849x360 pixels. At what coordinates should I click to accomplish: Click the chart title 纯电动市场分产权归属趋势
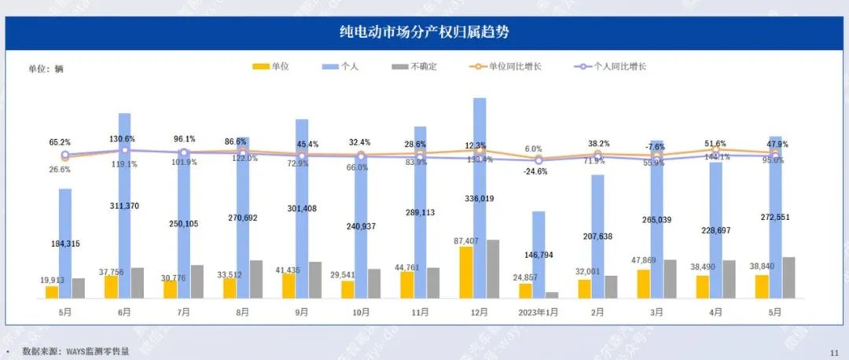[424, 32]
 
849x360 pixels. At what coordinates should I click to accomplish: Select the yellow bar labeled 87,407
[466, 272]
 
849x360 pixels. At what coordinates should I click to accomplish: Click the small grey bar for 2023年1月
[552, 295]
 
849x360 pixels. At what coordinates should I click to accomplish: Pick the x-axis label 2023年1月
[538, 312]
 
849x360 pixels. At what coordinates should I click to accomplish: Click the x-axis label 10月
[360, 312]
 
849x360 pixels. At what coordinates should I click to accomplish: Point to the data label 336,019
[480, 199]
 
